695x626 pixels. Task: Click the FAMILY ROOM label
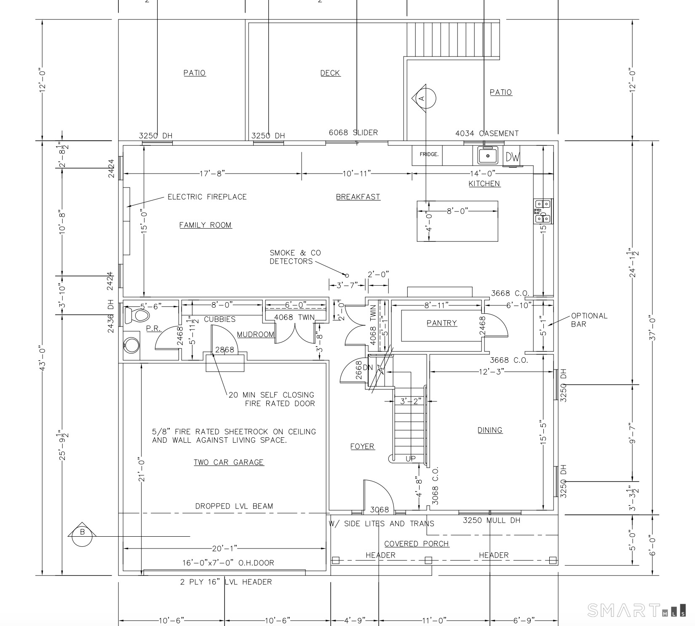206,225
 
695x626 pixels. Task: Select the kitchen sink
488,155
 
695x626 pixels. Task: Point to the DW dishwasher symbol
513,157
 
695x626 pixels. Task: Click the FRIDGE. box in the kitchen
429,155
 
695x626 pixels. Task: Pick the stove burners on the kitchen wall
543,211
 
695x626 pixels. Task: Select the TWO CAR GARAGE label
229,462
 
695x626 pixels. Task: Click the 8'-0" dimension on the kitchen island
457,211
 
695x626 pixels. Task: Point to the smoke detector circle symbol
347,276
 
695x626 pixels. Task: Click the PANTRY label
441,323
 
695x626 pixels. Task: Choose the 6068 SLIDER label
353,132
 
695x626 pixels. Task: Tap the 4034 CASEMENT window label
487,134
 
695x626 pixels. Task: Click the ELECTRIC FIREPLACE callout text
207,197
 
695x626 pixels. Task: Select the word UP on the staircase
411,459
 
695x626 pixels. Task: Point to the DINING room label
490,430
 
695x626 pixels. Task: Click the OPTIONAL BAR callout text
589,320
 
